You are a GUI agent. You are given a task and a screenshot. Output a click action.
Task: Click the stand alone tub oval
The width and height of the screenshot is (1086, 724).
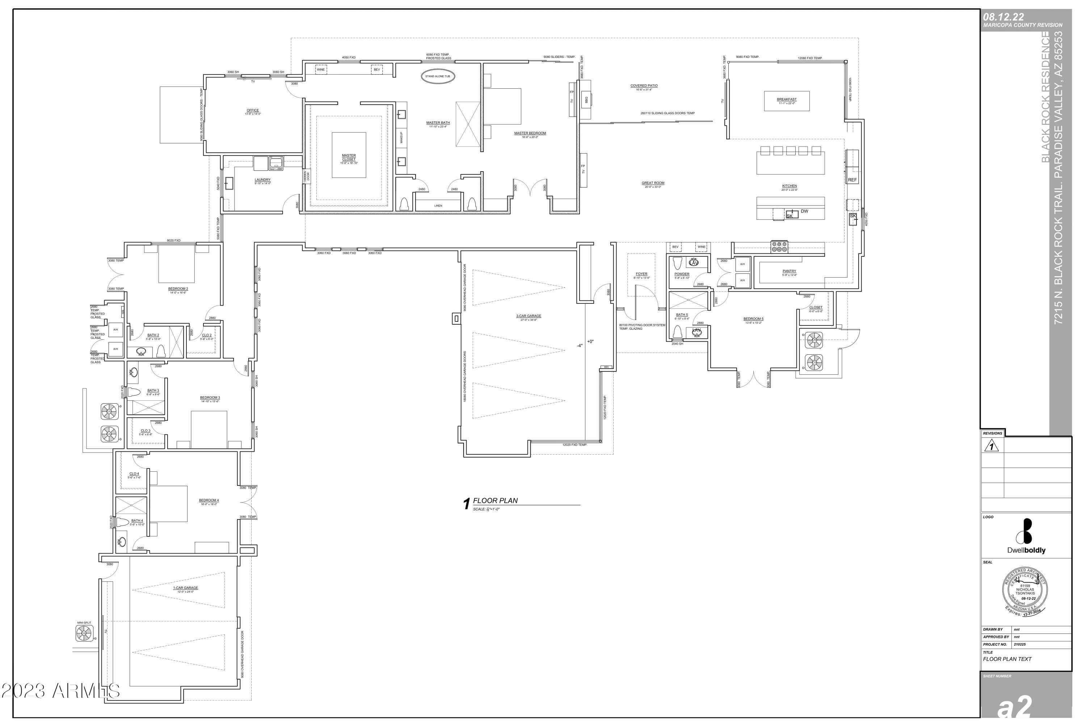437,76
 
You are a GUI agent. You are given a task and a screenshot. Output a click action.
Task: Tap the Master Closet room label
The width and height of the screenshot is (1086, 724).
349,157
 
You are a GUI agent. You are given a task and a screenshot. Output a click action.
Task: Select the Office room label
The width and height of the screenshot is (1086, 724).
253,110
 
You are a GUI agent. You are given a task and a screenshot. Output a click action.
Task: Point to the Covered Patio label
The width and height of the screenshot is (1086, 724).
644,86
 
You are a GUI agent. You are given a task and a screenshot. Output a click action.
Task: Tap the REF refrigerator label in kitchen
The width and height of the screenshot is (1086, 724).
852,180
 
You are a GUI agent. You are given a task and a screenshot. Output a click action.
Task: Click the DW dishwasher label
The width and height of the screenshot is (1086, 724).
804,211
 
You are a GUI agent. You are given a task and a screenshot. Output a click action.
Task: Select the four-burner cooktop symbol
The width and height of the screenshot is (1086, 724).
779,247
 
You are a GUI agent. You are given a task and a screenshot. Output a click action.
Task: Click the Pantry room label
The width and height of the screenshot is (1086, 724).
789,271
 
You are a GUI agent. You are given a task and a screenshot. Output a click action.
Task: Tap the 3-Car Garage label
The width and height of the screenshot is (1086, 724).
528,316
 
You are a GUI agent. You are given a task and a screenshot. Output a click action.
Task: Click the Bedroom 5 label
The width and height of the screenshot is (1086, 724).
753,319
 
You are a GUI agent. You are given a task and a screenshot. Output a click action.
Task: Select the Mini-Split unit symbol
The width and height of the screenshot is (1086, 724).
84,633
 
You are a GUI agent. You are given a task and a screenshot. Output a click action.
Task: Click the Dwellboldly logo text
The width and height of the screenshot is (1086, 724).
1026,550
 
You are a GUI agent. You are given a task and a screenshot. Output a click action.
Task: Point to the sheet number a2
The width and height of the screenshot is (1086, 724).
1014,707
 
